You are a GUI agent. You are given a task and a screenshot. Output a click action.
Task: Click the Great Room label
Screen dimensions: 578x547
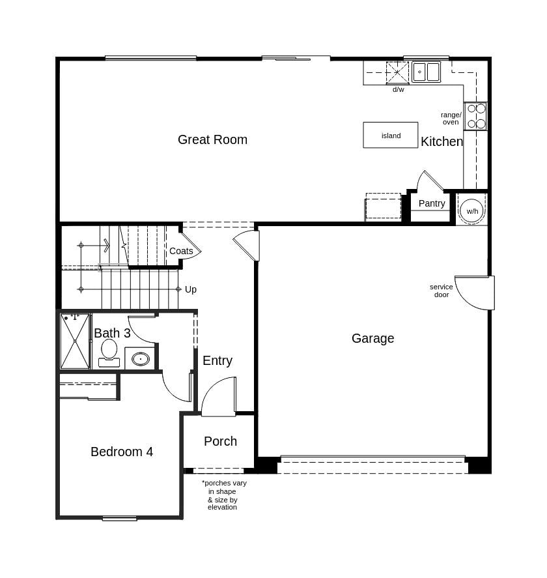click(212, 139)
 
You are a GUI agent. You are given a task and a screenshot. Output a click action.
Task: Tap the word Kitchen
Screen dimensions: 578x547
click(442, 141)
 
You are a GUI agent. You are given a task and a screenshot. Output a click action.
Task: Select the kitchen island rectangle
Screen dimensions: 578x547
click(391, 135)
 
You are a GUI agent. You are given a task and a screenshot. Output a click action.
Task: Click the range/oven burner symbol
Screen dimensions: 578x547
click(476, 116)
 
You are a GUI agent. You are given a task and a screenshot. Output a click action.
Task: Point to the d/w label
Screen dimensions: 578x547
click(398, 90)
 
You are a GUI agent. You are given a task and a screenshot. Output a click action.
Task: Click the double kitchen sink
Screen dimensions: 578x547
click(427, 72)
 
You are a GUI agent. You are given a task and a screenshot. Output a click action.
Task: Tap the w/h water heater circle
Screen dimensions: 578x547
click(471, 210)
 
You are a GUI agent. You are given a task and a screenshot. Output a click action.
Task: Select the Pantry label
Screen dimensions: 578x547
click(432, 203)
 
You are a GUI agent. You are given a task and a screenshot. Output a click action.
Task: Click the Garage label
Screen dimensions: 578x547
click(372, 338)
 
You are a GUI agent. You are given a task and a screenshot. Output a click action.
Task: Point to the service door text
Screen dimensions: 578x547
click(441, 291)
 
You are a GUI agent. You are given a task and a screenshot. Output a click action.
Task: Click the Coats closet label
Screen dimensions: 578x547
click(181, 251)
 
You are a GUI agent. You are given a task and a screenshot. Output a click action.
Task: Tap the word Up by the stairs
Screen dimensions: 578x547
click(191, 289)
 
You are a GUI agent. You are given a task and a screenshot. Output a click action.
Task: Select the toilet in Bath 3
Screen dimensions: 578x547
click(109, 352)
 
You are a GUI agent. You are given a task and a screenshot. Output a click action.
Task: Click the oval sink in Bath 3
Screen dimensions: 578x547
click(141, 359)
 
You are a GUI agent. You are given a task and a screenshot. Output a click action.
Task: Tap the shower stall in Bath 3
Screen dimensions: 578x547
click(75, 341)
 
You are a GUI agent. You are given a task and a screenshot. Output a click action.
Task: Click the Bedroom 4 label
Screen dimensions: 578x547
click(122, 452)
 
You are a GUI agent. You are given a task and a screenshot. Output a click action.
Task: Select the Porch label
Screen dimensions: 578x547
click(220, 441)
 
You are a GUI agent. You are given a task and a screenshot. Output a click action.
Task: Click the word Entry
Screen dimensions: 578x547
click(217, 360)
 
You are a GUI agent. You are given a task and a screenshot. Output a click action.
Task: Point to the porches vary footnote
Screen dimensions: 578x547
click(223, 495)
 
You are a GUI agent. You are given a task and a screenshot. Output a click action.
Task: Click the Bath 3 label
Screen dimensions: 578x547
click(112, 333)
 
